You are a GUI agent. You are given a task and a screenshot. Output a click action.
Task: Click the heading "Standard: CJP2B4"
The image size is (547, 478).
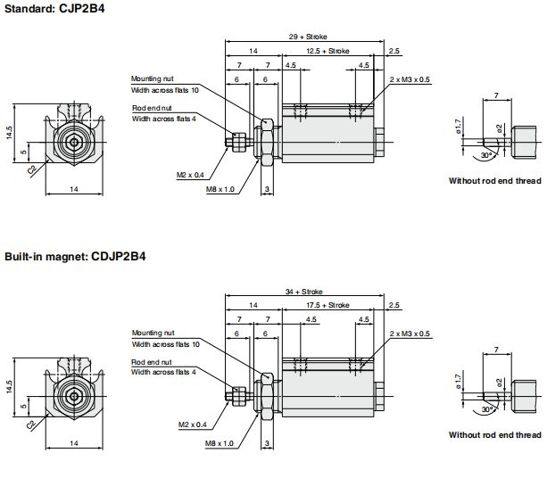coord(54,8)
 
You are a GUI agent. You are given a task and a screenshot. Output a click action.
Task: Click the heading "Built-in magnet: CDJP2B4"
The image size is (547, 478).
coord(75,257)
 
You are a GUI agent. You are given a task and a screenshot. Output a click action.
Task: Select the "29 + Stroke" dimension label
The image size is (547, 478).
coord(308,37)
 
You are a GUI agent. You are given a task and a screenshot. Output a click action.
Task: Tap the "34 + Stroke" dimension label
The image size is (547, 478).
coord(304,292)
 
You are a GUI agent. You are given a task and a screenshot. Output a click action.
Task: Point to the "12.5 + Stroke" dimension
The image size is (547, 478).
coord(327,51)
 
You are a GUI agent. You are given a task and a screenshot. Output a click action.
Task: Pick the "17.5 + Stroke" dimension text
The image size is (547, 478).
coord(327,305)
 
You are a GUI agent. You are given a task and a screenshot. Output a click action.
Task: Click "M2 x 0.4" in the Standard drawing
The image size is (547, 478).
coord(190,175)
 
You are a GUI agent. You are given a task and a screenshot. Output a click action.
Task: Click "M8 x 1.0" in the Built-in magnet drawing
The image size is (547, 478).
coord(220,443)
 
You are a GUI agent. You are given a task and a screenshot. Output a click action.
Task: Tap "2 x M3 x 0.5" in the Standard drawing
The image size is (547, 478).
coord(410,79)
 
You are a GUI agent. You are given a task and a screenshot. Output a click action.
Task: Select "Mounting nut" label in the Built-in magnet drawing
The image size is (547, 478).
coord(153,333)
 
